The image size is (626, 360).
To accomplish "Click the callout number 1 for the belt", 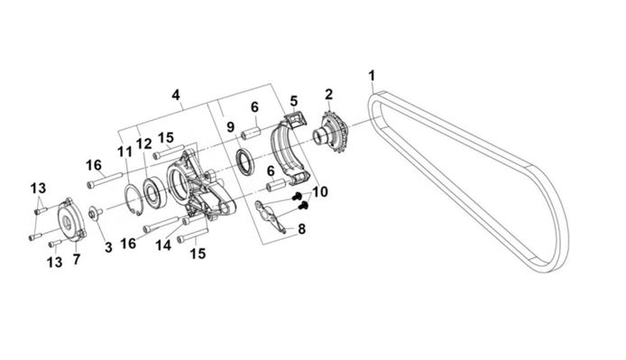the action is click(x=373, y=76).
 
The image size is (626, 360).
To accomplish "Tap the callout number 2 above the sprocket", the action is click(x=328, y=95).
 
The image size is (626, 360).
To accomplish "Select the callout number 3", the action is click(x=108, y=247).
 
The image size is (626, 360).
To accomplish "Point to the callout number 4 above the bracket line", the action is click(x=176, y=95).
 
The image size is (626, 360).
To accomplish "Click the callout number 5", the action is click(x=294, y=101).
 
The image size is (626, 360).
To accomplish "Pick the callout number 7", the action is click(x=77, y=260).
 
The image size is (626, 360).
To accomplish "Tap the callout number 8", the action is click(x=302, y=229).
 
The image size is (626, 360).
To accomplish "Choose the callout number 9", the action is click(x=230, y=127).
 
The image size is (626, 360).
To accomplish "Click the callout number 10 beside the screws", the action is click(x=320, y=192).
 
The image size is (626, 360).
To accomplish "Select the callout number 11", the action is click(x=124, y=152).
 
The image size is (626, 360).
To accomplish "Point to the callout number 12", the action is click(x=144, y=143).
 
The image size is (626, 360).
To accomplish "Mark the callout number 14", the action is click(x=163, y=245).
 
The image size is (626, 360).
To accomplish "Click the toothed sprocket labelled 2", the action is click(x=334, y=131).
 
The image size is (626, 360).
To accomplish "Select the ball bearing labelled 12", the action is click(x=154, y=193).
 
